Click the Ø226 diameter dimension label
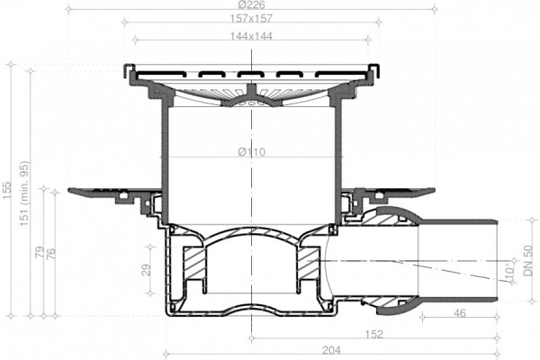(x=251, y=4)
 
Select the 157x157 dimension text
(x=251, y=18)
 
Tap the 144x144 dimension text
(x=251, y=36)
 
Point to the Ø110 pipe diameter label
(x=252, y=152)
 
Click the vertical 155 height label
(x=6, y=190)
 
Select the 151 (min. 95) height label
(x=24, y=193)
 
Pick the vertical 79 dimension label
(x=40, y=252)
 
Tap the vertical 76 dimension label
(x=51, y=254)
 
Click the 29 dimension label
(x=147, y=270)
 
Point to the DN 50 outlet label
(x=528, y=260)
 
